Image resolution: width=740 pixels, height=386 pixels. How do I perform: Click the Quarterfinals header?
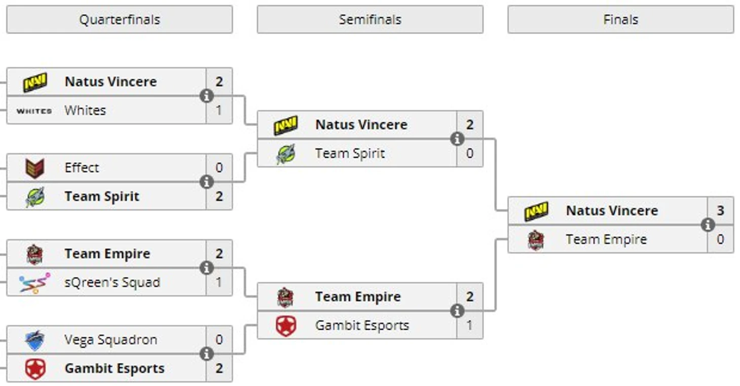coord(120,20)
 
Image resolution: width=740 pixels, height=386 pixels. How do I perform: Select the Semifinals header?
coord(370,20)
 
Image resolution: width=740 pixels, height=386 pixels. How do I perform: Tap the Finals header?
coord(620,20)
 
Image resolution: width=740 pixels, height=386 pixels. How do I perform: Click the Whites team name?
coord(85,110)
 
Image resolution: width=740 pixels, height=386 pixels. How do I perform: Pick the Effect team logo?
coord(35,168)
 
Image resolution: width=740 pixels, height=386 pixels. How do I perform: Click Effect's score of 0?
coord(219,168)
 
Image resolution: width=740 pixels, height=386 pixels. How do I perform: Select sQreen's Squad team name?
coord(112,283)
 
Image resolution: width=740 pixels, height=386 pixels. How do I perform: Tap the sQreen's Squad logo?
coord(35,283)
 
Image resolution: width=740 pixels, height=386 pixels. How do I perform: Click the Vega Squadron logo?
coord(35,340)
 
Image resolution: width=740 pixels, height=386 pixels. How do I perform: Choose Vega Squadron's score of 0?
coord(219,340)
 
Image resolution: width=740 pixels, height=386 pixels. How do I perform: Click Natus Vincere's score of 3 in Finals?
coord(720,210)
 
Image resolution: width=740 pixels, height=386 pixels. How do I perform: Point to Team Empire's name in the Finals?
coord(606,239)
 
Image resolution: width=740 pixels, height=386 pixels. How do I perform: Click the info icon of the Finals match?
coord(708,225)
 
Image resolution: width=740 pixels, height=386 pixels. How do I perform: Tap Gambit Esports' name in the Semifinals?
coord(362,326)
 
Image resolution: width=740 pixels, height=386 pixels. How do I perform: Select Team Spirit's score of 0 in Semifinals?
coord(470,153)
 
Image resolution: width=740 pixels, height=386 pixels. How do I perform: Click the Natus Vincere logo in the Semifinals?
coord(286,125)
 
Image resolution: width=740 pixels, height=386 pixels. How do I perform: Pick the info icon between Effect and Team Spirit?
coord(206,182)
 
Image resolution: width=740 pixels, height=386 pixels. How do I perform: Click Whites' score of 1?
coord(219,110)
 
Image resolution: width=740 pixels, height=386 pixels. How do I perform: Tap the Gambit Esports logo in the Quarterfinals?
coord(35,369)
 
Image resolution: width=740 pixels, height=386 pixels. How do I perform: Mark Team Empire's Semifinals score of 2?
coord(470,297)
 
